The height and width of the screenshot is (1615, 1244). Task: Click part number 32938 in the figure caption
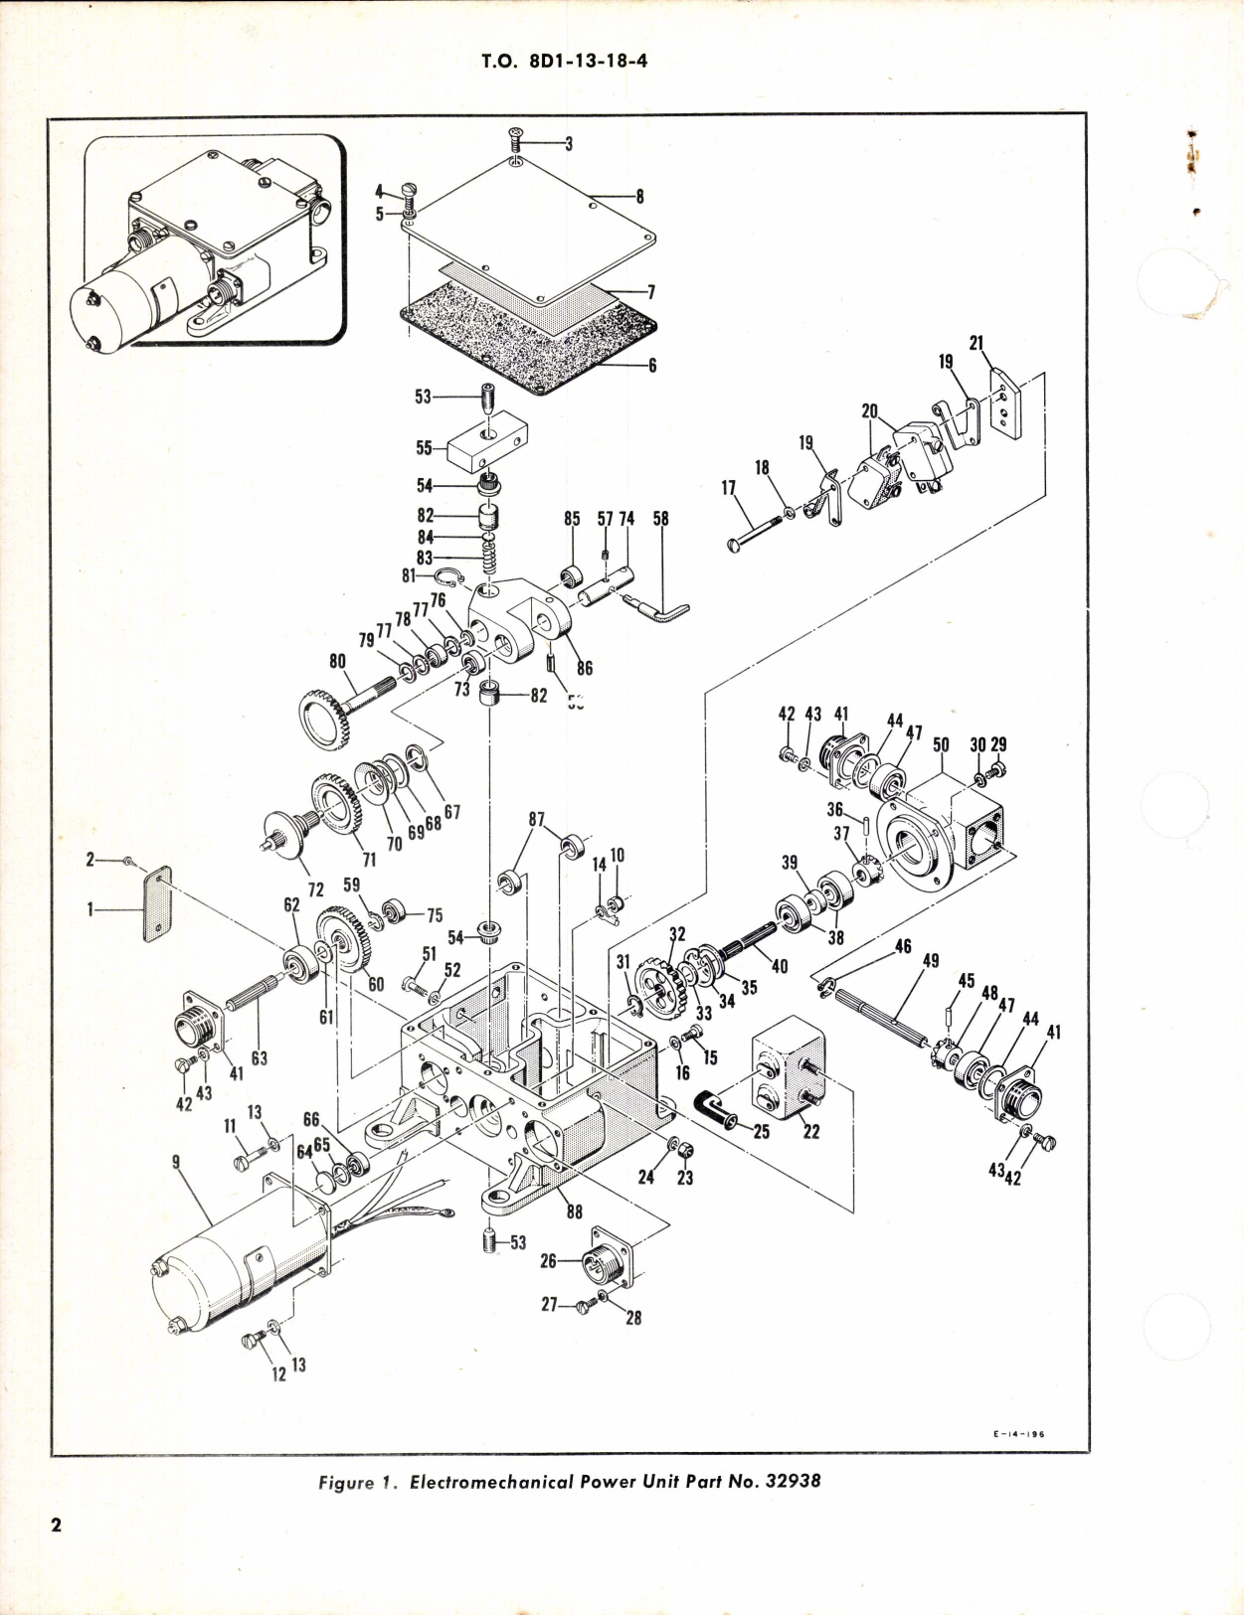793,1481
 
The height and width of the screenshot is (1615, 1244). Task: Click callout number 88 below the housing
574,1211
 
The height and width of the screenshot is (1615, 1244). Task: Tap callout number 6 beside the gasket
652,365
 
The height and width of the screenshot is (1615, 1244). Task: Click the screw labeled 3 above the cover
516,134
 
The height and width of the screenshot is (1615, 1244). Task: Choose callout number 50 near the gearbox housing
941,744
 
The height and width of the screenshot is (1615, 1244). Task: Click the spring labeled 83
488,560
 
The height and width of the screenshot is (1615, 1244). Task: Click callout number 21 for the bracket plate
976,343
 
